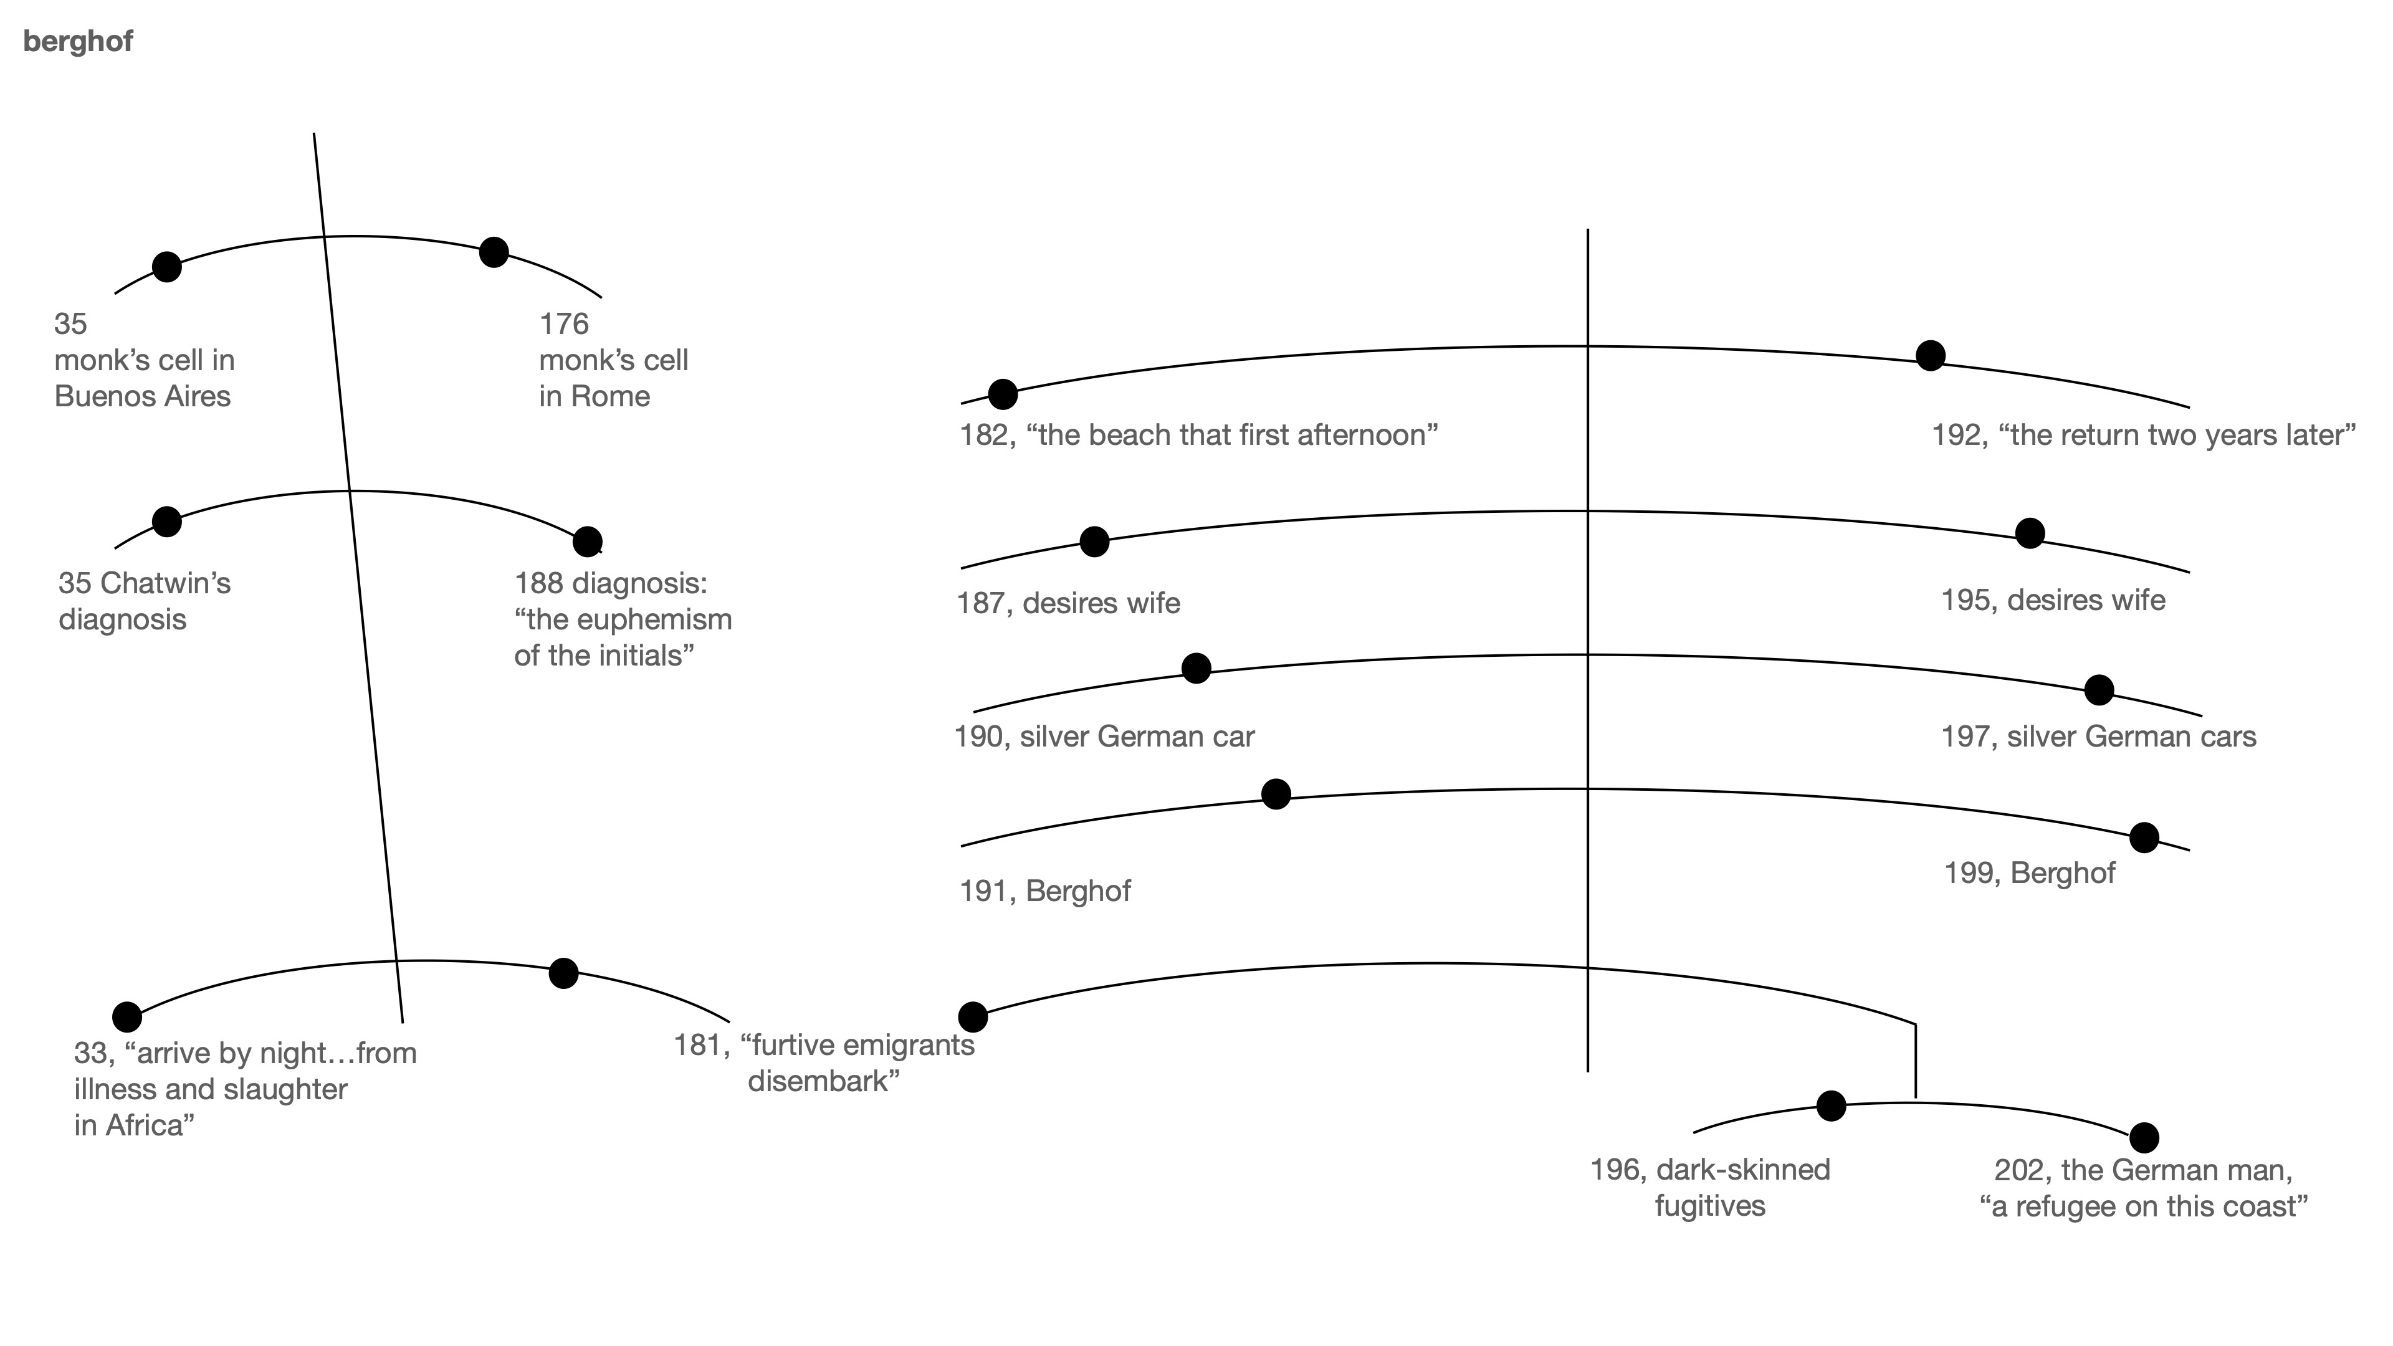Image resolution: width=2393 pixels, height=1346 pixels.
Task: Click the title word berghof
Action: coord(78,42)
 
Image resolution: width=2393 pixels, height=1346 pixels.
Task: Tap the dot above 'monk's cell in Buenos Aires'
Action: coord(166,267)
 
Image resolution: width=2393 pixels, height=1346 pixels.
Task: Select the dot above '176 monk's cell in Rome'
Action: coord(494,252)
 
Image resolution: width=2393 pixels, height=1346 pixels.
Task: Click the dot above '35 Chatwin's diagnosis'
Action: coord(166,521)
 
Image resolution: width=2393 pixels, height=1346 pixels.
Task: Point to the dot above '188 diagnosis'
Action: coord(587,541)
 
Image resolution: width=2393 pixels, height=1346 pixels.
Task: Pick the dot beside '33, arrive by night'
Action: coord(127,1016)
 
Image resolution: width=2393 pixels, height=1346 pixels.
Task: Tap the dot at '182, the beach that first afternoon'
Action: coord(1002,394)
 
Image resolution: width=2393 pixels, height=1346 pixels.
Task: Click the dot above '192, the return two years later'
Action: coord(1931,355)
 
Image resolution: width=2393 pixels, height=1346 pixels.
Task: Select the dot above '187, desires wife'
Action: coord(1094,541)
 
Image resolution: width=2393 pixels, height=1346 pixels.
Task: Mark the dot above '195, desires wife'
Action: coord(2030,533)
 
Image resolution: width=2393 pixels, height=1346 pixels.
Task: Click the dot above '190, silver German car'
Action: coord(1196,667)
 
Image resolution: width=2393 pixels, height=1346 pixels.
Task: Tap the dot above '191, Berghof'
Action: coord(1276,795)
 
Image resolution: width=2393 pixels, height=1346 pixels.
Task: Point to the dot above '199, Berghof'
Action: coord(2143,837)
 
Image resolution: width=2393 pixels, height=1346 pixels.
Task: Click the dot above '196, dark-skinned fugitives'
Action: coord(1830,1105)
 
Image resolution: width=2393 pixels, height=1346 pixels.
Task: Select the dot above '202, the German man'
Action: coord(2143,1137)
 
